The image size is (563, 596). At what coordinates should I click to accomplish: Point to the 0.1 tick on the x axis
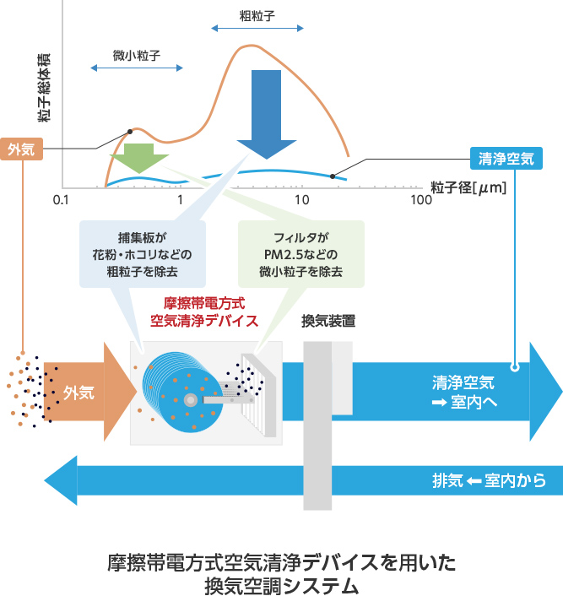tap(60, 200)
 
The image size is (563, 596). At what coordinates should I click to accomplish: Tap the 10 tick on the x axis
tap(301, 200)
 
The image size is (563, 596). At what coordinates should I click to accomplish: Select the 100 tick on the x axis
tap(420, 200)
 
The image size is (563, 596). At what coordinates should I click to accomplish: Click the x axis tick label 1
tap(181, 200)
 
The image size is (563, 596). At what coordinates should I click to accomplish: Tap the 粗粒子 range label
tap(257, 15)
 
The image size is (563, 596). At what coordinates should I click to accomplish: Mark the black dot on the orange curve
tap(130, 131)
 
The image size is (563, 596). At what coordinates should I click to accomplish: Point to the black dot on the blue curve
tap(333, 176)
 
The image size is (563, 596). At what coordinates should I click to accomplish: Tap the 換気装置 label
tap(328, 321)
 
